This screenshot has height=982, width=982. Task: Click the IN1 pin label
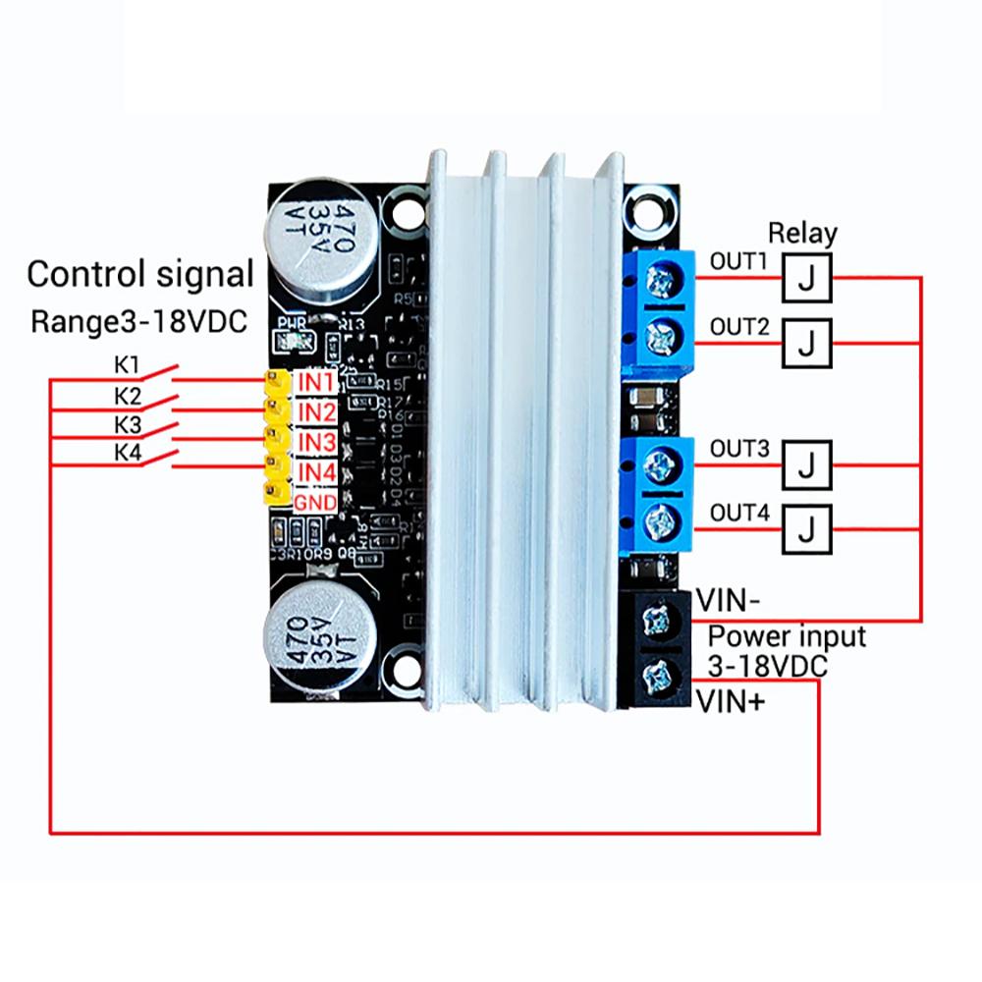tap(317, 379)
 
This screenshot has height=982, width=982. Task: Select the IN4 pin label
tap(317, 473)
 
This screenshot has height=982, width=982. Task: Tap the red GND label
tap(316, 504)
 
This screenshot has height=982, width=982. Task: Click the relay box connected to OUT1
tap(806, 278)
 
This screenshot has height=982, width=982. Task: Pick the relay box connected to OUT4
tap(806, 528)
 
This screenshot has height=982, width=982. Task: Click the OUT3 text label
tap(738, 450)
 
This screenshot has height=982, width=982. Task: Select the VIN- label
tap(728, 599)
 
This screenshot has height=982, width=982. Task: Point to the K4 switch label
tap(128, 453)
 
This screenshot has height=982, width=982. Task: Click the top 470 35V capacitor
tap(322, 239)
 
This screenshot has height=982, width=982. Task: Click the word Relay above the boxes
tap(802, 234)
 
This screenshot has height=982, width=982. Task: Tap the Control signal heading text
tap(140, 274)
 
